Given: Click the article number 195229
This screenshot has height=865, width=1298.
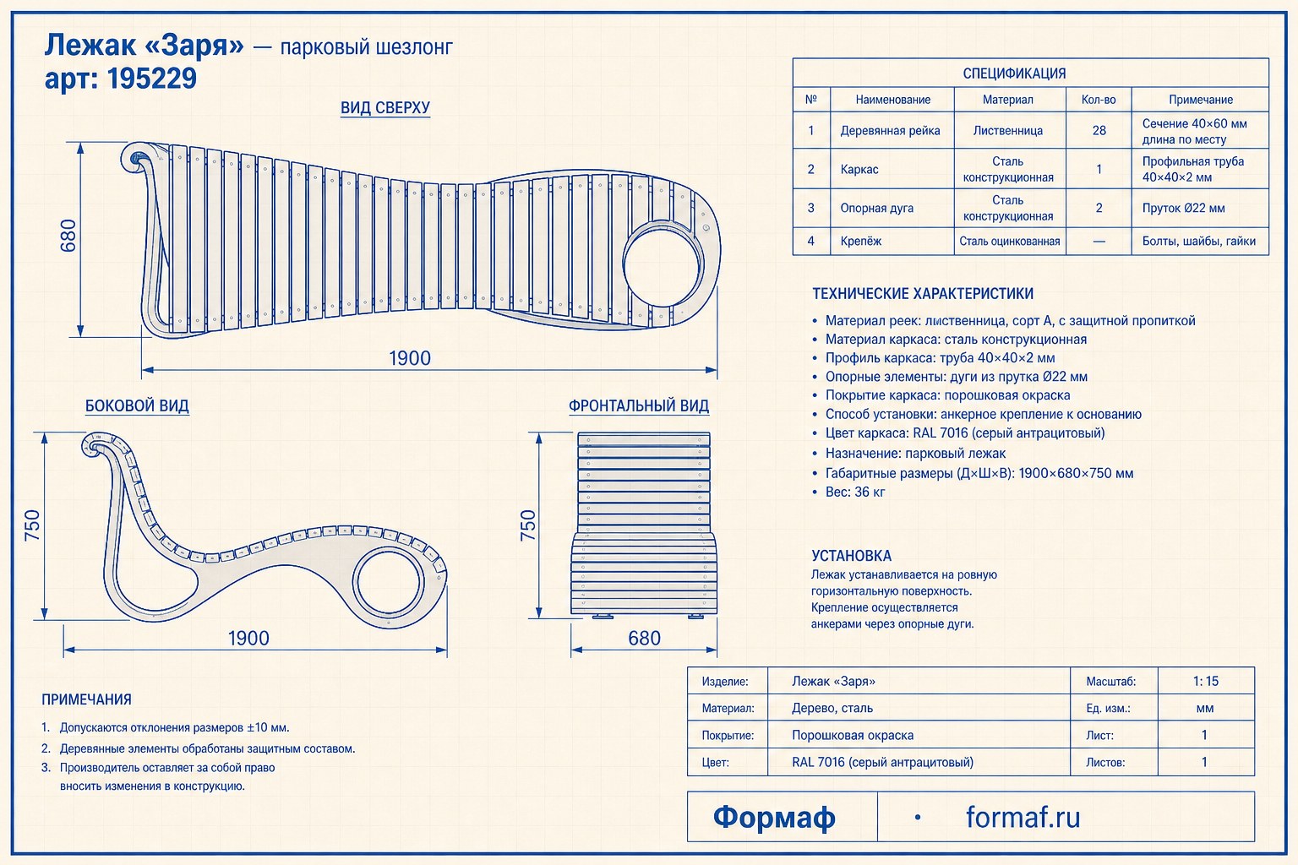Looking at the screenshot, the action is (152, 79).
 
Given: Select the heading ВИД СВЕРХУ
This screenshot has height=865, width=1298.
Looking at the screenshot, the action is (385, 108).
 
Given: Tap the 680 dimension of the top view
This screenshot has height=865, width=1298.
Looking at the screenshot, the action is (68, 235).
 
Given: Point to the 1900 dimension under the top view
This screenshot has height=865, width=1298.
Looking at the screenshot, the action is (410, 358).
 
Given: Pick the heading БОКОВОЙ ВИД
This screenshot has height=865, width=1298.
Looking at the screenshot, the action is (137, 405).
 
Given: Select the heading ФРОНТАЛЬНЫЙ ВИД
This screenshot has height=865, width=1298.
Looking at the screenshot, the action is (639, 405).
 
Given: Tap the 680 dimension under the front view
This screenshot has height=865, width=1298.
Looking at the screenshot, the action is (645, 638).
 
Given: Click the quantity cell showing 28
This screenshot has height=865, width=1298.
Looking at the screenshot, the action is (1099, 130).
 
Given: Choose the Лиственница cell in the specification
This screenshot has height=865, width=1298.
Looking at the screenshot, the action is (1007, 131).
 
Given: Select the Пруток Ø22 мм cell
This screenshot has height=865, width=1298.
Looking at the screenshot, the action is (1183, 208).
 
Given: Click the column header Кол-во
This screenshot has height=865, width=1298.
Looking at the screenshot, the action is (1099, 100).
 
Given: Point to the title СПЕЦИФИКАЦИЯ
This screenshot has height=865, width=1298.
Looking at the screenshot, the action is (1014, 73).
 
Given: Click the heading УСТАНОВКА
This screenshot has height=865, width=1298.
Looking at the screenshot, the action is (851, 556).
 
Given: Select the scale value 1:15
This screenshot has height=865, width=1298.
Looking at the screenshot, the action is (1205, 682).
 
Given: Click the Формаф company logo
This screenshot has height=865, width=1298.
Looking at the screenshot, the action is (774, 817).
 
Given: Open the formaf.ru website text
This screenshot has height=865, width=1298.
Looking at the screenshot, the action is (1023, 817).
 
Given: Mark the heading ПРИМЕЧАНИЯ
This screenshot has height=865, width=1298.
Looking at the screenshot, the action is (86, 699).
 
